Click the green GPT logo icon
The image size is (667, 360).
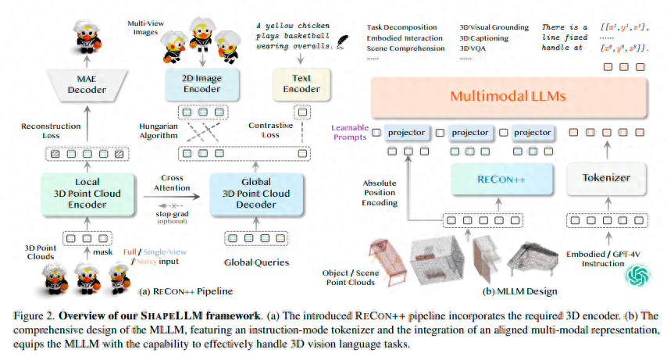click(637, 274)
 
